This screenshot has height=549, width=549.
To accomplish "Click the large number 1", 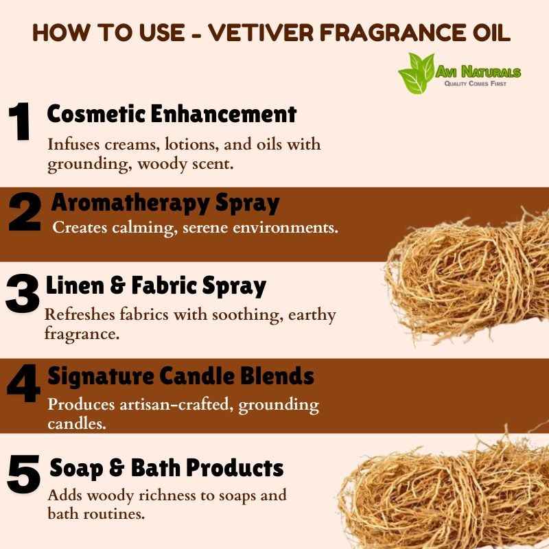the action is [20, 121].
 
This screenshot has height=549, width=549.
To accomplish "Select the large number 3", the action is [22, 293].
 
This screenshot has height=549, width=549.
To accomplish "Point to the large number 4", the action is [23, 383].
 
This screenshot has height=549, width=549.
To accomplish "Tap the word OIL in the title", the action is [491, 32].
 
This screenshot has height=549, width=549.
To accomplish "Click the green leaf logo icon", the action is [417, 73].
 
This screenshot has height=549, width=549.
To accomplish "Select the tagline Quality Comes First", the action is [475, 83].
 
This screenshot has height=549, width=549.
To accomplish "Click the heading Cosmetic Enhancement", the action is [172, 114].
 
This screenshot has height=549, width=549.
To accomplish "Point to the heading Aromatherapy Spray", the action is [165, 203].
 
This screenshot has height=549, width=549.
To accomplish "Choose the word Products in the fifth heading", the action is [235, 467].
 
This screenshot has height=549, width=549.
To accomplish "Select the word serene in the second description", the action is [205, 228].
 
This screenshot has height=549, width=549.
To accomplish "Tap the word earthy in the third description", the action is [312, 315].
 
